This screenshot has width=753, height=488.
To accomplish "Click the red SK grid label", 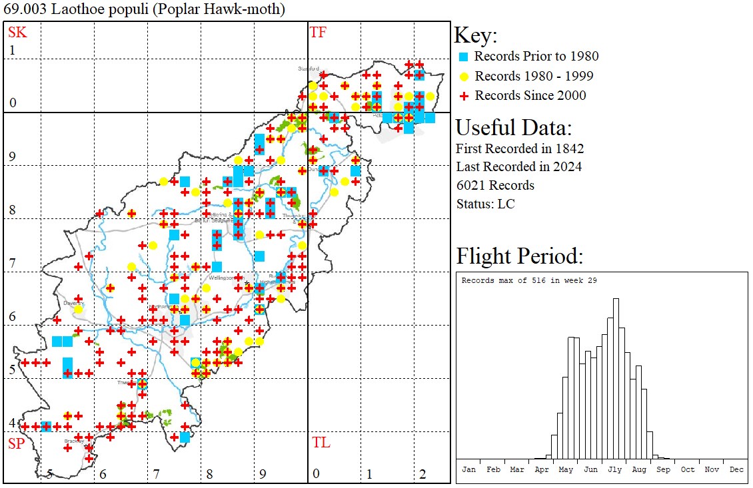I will click(15, 32).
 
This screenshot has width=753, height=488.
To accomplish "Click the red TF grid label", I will click(318, 32).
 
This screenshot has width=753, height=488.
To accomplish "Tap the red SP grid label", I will click(16, 443).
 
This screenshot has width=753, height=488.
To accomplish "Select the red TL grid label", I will click(321, 443).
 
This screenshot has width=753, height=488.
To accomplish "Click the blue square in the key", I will click(464, 57).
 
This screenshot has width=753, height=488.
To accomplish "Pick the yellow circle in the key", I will click(464, 76).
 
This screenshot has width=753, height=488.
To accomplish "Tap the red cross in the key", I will click(464, 96).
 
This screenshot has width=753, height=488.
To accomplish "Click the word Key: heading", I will click(476, 36).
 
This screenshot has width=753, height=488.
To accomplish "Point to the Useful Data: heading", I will click(514, 127).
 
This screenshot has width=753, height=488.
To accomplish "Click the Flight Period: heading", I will click(520, 256).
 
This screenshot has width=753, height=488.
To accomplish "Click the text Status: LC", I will click(485, 204).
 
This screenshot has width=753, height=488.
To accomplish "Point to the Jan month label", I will click(469, 469).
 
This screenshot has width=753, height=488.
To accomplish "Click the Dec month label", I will click(736, 469).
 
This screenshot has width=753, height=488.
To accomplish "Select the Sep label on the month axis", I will click(664, 469).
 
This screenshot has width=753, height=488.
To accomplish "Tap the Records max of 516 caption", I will click(529, 280).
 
